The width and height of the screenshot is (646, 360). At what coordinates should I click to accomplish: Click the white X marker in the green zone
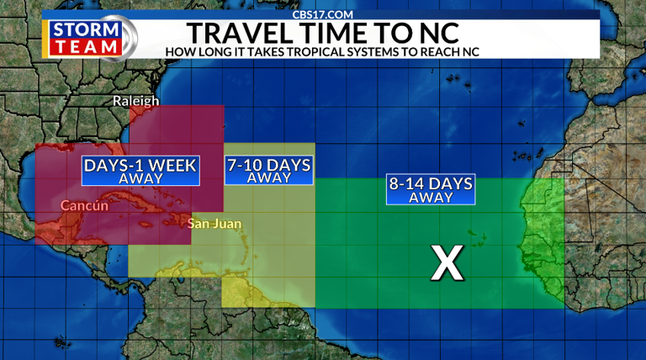tap(447, 262)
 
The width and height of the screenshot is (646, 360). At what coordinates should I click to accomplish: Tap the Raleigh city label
tap(136, 102)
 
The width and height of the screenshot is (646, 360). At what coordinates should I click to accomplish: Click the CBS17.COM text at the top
tap(323, 13)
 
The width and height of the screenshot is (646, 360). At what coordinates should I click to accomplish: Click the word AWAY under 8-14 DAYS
tap(431, 198)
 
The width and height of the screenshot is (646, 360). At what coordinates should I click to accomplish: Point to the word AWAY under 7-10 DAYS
tap(268, 177)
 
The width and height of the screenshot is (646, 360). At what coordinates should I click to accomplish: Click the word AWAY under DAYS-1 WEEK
tap(140, 179)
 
